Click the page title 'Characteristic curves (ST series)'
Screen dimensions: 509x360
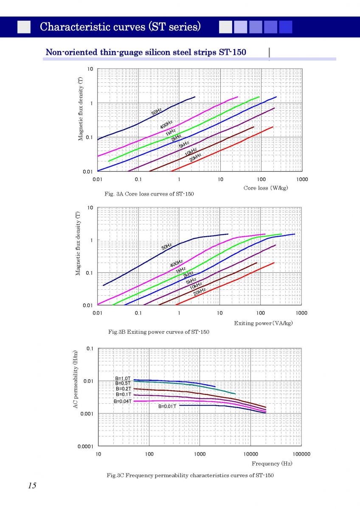click(x=120, y=27)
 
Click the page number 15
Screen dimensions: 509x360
click(x=32, y=486)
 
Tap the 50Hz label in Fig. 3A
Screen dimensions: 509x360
click(x=157, y=112)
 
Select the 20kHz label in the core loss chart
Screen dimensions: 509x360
click(x=195, y=157)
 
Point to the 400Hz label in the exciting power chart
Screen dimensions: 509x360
click(x=176, y=263)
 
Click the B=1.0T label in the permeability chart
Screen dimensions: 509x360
click(x=123, y=378)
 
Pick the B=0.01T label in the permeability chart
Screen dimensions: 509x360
click(x=167, y=406)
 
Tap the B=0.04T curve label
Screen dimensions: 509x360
click(x=122, y=401)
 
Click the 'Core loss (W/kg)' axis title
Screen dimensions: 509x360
click(x=266, y=188)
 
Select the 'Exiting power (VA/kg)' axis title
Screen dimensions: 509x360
click(x=263, y=323)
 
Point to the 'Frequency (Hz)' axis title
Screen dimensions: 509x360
click(x=272, y=464)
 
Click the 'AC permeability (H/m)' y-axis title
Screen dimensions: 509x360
click(x=75, y=380)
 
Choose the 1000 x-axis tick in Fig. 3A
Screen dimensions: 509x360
click(x=302, y=179)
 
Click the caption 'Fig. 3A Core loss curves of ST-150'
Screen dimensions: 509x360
click(x=149, y=194)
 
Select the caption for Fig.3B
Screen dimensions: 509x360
click(x=158, y=332)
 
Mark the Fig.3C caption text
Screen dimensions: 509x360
click(x=190, y=475)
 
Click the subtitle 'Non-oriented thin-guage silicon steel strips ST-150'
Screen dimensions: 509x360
click(x=146, y=52)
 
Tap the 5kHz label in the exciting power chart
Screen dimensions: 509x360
click(x=191, y=280)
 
